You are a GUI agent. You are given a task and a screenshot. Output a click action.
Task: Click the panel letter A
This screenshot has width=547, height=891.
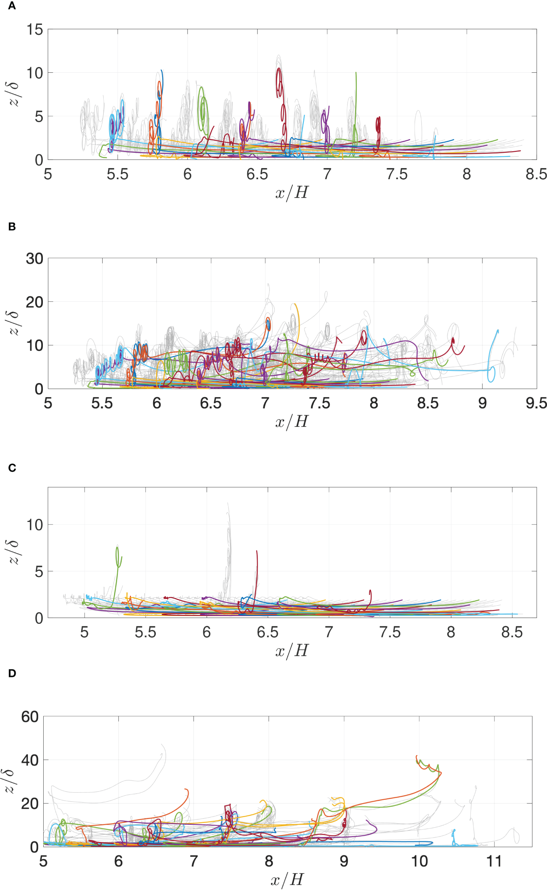click(12, 6)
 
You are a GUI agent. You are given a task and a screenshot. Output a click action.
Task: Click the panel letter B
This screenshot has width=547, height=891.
click(12, 227)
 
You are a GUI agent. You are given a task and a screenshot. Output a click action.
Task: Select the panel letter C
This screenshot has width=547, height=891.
click(12, 468)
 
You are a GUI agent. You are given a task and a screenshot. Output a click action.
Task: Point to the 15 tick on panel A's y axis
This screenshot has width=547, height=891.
click(35, 30)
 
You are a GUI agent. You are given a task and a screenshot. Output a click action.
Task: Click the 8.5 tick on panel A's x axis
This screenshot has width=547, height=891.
click(536, 174)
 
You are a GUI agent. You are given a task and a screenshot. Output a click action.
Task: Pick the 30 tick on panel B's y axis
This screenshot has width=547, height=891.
click(34, 259)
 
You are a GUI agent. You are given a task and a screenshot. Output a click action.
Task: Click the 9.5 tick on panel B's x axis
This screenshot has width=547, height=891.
click(536, 403)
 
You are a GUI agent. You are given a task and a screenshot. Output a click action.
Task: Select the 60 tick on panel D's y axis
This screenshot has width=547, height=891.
click(30, 717)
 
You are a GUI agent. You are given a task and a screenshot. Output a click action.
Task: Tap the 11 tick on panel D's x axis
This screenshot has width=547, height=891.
click(494, 862)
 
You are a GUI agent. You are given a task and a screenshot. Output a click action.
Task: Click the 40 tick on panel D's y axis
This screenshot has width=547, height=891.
click(30, 760)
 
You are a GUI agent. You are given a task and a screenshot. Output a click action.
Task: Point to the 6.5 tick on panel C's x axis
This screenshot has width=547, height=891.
click(268, 632)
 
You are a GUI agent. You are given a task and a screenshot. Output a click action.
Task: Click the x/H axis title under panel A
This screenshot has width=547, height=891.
click(292, 192)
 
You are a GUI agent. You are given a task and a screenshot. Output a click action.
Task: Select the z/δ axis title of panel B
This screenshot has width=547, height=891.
click(14, 323)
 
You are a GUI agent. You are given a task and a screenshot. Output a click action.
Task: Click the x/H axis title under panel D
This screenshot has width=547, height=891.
click(287, 880)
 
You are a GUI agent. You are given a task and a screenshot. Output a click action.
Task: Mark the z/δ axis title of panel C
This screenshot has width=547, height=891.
click(14, 552)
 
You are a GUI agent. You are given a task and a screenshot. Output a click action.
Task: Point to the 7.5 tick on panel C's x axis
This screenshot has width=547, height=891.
click(390, 632)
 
